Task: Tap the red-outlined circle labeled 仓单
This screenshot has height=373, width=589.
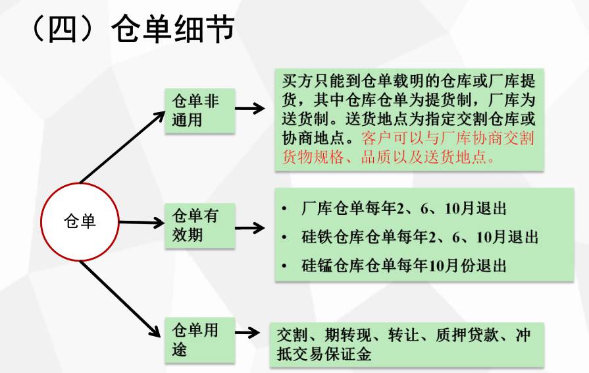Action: point(80,221)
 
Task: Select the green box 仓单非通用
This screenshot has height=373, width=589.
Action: point(200,111)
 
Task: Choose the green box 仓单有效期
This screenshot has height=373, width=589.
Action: point(200,225)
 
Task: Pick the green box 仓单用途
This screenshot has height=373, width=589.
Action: point(200,340)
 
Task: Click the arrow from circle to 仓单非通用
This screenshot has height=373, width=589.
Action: point(122,147)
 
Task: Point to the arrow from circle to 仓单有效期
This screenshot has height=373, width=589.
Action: point(141,223)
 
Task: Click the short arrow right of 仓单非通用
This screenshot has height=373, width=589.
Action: point(250,108)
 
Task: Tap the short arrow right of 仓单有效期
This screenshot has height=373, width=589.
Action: point(250,227)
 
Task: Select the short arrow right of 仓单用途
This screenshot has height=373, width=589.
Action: point(247,332)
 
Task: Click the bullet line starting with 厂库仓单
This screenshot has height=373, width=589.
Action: point(394,208)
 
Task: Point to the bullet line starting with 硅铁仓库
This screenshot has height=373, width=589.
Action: point(410,237)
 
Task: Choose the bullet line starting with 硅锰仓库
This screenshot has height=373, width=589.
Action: point(394,266)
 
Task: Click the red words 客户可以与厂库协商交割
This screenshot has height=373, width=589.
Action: point(448,138)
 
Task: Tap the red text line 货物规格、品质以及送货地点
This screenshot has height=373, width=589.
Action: point(388,157)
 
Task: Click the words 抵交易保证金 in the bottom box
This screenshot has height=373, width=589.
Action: point(324,353)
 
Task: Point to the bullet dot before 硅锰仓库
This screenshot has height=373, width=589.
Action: point(284,266)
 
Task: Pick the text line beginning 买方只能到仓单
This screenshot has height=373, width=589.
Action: point(409,81)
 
